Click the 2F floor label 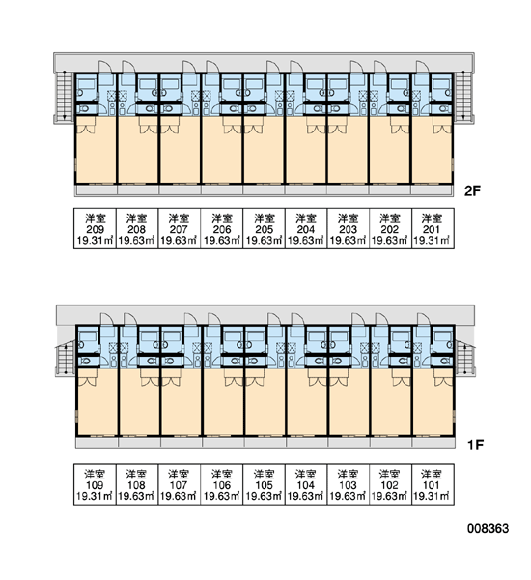(x=472, y=190)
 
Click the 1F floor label (x=476, y=445)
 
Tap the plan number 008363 (x=488, y=528)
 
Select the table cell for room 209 (x=95, y=228)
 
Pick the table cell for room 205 (x=264, y=228)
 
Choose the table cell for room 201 (x=433, y=228)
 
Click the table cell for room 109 (x=95, y=484)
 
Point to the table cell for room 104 (x=306, y=484)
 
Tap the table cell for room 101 (x=433, y=484)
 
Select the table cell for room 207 (x=180, y=228)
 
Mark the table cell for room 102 (x=391, y=484)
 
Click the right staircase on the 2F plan (x=463, y=96)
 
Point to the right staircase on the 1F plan (x=464, y=358)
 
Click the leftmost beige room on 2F (x=97, y=150)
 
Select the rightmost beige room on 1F (x=433, y=402)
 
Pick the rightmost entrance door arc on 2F (x=424, y=66)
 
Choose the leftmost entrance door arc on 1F (x=107, y=318)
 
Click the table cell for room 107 (x=180, y=484)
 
